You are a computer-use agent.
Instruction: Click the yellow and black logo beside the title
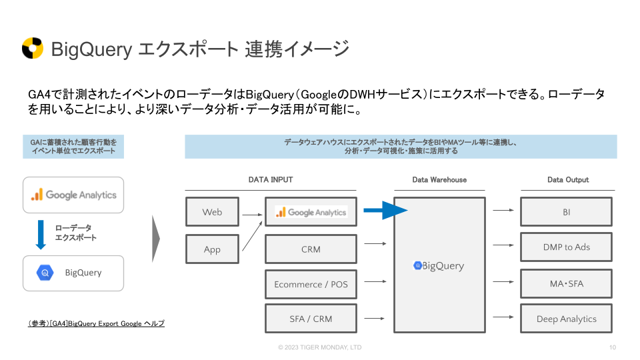33,49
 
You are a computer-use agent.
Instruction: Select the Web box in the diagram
212,212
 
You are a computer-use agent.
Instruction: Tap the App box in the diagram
212,250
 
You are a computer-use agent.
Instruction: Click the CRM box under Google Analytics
311,249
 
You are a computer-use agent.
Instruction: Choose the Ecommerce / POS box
311,284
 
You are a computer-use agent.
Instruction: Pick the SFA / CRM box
311,319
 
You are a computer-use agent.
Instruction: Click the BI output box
566,212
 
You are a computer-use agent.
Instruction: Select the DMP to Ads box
566,247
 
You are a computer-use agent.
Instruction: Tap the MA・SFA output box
566,284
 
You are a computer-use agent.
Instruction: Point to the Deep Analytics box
566,319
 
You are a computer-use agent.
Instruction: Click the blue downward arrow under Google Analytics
40,233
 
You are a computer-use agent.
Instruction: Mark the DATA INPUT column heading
271,180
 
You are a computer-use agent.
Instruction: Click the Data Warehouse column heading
439,180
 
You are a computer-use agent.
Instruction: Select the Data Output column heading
568,180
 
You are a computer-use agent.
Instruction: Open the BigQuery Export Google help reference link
96,323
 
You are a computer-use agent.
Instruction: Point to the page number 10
613,347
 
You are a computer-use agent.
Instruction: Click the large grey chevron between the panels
156,238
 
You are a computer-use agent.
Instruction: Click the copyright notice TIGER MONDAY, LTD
320,347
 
